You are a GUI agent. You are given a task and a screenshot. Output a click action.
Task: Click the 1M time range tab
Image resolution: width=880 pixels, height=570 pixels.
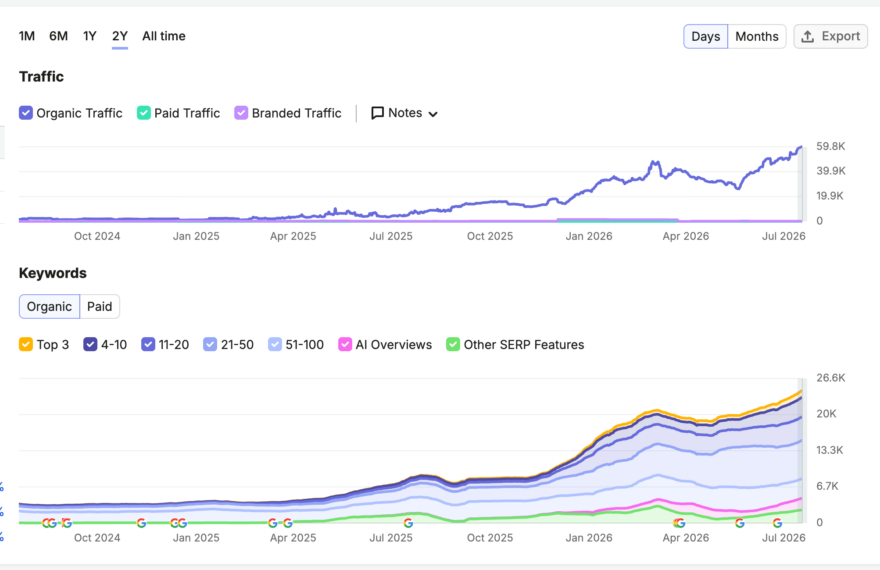click(27, 36)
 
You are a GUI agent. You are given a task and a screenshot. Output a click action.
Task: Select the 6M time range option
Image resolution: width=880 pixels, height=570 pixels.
click(58, 36)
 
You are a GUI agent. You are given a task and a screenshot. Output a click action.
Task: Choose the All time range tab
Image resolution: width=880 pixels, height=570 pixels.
click(164, 36)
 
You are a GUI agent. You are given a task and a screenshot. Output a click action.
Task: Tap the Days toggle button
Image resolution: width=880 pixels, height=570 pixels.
click(705, 36)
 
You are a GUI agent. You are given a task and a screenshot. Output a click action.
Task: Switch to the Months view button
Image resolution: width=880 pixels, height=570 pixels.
click(757, 36)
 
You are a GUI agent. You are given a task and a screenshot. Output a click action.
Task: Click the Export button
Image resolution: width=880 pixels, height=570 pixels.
click(830, 36)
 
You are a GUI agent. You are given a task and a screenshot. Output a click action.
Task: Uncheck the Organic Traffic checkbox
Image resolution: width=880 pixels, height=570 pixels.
click(26, 113)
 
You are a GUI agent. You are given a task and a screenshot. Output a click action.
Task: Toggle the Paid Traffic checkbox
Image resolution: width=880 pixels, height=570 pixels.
click(144, 113)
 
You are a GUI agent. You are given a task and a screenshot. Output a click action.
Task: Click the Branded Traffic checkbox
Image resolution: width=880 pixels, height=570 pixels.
click(241, 113)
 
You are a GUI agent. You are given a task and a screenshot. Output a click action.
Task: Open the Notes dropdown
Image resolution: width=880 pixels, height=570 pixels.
click(404, 113)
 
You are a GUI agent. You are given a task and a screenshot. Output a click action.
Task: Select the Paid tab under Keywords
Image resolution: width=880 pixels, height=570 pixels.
click(100, 306)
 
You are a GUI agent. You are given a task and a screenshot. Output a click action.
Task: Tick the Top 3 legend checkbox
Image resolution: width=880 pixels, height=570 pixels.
click(26, 344)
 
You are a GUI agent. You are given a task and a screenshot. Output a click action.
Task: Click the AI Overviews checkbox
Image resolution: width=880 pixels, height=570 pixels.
click(345, 344)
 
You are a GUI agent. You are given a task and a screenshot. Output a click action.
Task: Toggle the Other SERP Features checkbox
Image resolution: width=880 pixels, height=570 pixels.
click(453, 344)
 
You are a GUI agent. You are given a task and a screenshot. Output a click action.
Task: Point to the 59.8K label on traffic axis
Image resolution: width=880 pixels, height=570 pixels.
click(830, 146)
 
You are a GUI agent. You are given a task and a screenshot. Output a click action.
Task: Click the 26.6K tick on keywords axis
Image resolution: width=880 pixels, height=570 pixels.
click(831, 378)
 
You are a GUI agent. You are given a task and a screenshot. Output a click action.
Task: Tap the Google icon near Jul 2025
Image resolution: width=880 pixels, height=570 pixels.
click(408, 523)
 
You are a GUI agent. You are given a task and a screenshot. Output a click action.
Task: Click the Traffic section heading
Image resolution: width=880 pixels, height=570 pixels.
click(42, 77)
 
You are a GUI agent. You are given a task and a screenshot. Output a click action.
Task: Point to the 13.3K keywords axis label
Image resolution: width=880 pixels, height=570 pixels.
click(830, 450)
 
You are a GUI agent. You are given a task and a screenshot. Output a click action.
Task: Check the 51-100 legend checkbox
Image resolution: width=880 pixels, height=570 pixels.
click(275, 344)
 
